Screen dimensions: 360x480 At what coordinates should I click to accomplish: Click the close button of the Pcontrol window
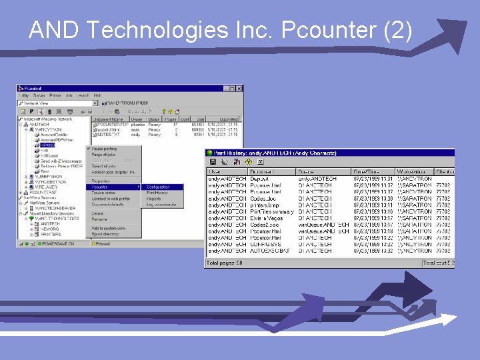click(239, 88)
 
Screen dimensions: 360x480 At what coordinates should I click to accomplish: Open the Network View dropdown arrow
click(95, 103)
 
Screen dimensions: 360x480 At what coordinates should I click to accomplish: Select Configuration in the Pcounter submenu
click(158, 187)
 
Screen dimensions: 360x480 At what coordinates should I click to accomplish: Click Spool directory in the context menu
click(105, 234)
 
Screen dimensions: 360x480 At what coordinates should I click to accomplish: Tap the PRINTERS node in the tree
click(50, 234)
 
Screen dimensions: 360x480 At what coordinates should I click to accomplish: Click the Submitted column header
click(229, 119)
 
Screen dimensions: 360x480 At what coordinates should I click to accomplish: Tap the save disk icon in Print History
click(213, 162)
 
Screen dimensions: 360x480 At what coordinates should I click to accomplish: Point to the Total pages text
click(225, 263)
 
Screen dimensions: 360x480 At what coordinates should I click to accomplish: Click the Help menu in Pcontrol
click(97, 95)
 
